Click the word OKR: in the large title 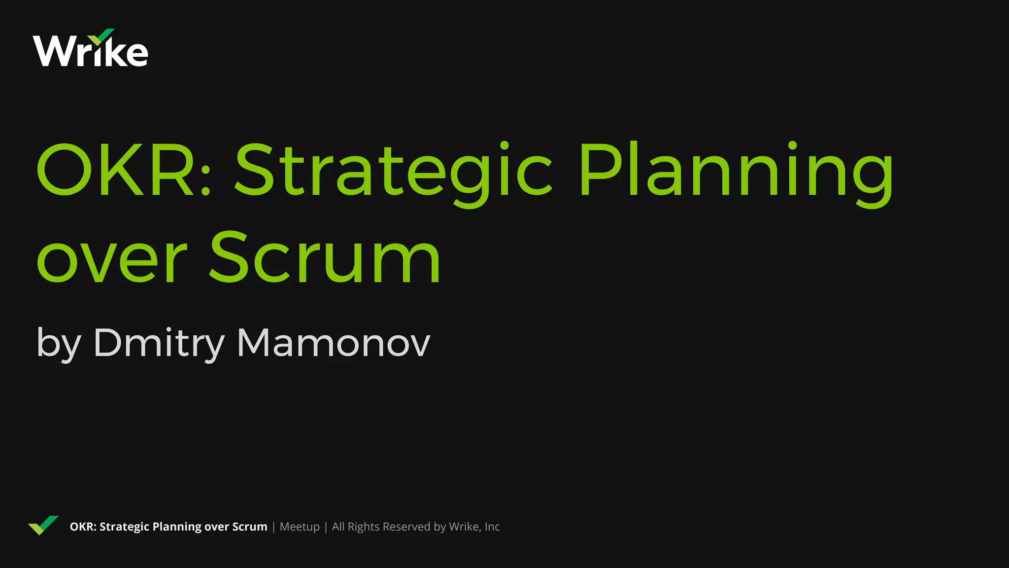pos(123,170)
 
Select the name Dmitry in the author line pos(159,343)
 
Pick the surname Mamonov pos(334,343)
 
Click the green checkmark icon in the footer pos(43,525)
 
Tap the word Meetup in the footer pos(300,527)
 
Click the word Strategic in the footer pos(124,527)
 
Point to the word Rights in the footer pos(364,527)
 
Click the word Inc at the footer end pos(492,527)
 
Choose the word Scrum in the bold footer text pos(249,527)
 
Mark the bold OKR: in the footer pos(83,527)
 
